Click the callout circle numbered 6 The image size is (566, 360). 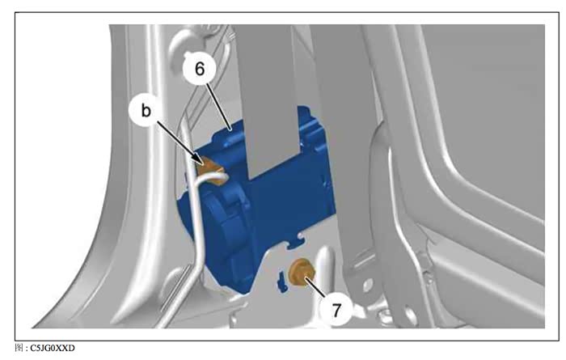200,69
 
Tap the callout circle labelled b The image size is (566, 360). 146,111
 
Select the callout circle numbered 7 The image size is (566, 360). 336,310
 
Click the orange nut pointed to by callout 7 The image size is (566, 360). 301,273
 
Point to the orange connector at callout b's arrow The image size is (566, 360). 211,172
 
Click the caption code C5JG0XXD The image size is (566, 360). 53,348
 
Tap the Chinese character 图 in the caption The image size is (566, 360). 19,348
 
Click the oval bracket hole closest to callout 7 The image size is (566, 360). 367,286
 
